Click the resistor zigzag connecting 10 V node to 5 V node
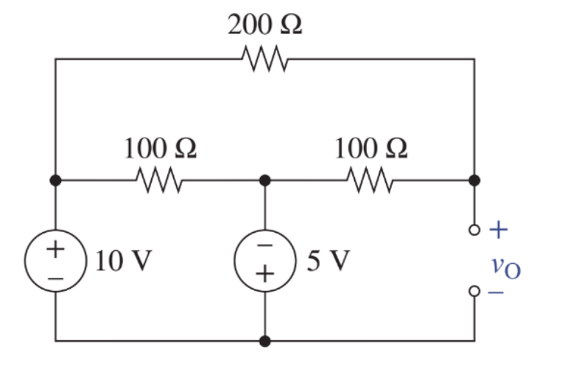(x=159, y=179)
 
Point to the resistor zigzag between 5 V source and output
(x=370, y=179)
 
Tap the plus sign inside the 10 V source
(x=55, y=248)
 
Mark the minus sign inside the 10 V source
(x=55, y=278)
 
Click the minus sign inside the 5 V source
(x=264, y=246)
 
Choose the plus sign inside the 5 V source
(x=264, y=275)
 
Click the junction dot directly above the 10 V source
(x=55, y=180)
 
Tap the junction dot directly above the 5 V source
(x=264, y=180)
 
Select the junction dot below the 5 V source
(x=264, y=341)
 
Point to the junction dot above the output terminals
(x=474, y=180)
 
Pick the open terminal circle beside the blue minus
(x=474, y=292)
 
